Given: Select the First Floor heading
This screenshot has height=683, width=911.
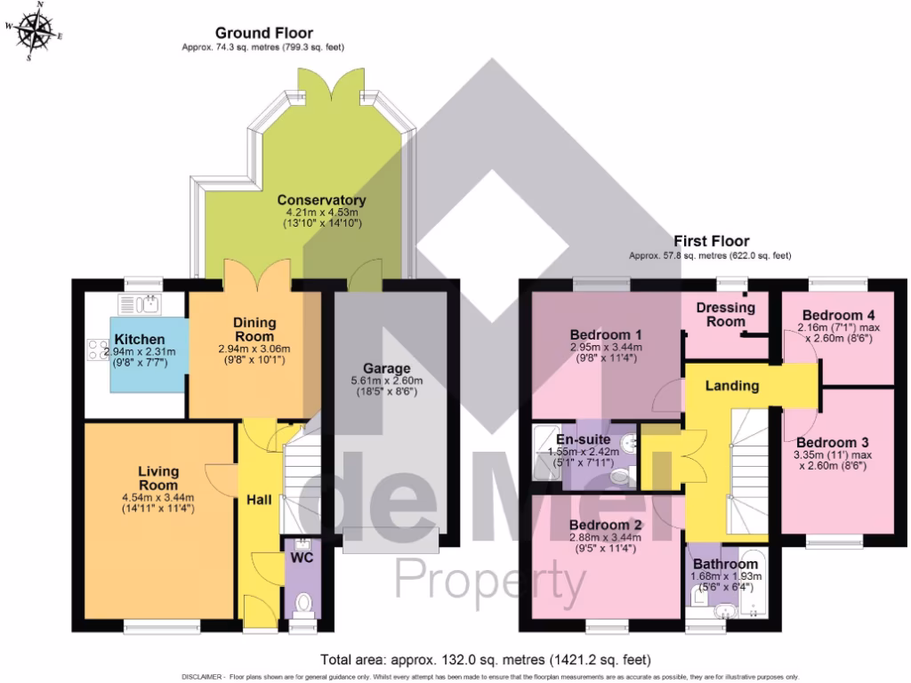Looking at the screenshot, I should tap(711, 240).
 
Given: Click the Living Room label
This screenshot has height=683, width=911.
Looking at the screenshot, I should tap(158, 478).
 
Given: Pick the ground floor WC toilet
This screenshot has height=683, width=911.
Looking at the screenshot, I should tap(302, 605).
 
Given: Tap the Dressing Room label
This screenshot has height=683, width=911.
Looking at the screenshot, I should tap(725, 314).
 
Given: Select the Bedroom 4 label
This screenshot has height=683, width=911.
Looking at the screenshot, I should tap(837, 315).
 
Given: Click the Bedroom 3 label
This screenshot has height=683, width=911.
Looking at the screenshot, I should tap(832, 442).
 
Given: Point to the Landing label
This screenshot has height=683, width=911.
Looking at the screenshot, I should tap(731, 386).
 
